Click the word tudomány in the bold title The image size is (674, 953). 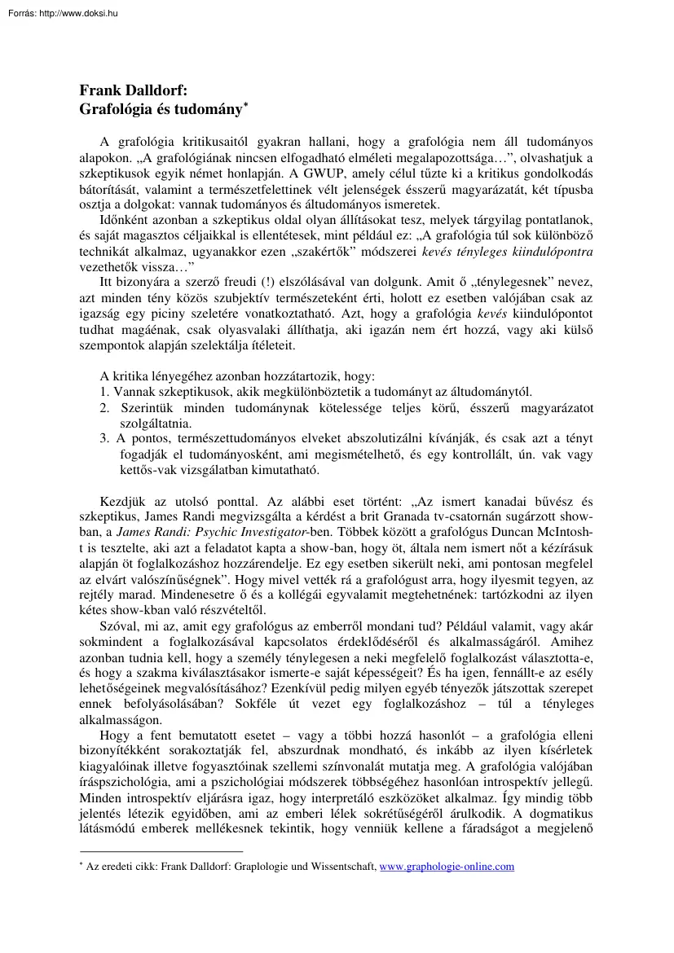210,108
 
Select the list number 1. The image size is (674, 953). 104,393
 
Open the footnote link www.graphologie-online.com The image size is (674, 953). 447,867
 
